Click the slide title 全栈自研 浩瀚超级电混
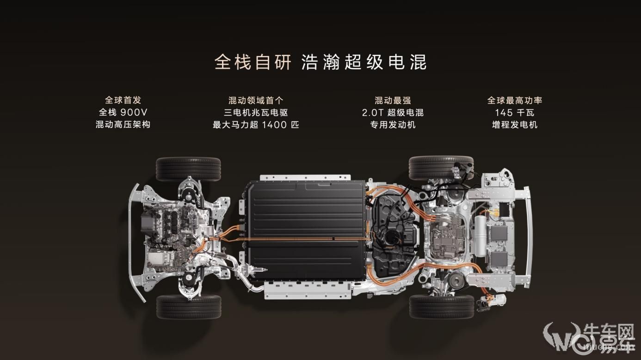click(x=320, y=62)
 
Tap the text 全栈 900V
click(x=123, y=112)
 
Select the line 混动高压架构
click(x=123, y=125)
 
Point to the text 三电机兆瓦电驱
click(x=256, y=112)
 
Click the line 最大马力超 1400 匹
click(x=256, y=125)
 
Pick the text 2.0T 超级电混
click(x=393, y=112)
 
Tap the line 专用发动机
click(x=393, y=125)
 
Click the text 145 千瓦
click(x=515, y=112)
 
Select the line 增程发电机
click(x=515, y=125)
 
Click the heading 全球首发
click(x=123, y=100)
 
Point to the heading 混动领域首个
click(x=256, y=100)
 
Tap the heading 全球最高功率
click(x=515, y=100)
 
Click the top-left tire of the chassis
click(x=188, y=169)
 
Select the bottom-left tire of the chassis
click(x=189, y=307)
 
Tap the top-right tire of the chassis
click(x=441, y=168)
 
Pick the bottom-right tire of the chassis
click(x=442, y=306)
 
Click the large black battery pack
click(x=306, y=230)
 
